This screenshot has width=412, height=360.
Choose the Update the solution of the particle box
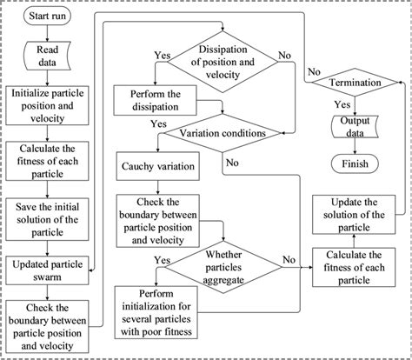[356, 215]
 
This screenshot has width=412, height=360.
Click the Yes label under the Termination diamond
[342, 103]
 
